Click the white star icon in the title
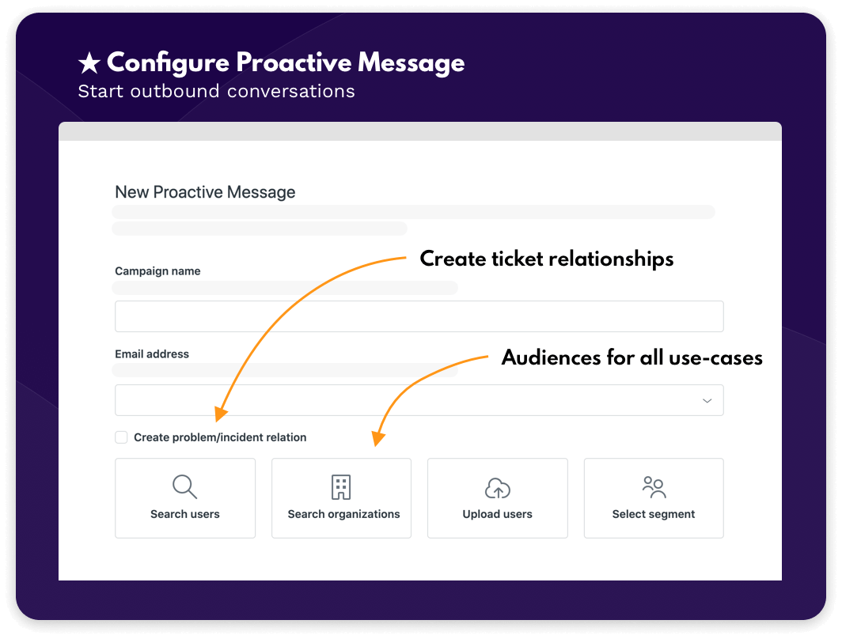89,62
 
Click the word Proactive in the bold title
294,62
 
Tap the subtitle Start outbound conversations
216,91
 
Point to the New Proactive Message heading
205,192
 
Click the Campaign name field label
157,271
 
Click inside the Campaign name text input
419,316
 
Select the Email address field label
152,354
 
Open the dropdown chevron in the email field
707,401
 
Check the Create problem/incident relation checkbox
121,437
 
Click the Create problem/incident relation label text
220,437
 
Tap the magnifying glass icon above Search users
184,486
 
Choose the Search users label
184,514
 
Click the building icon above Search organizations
341,487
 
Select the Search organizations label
343,514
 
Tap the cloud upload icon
497,488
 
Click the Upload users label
497,514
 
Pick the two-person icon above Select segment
654,487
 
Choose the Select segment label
654,514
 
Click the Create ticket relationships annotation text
547,259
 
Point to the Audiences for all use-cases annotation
632,357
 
